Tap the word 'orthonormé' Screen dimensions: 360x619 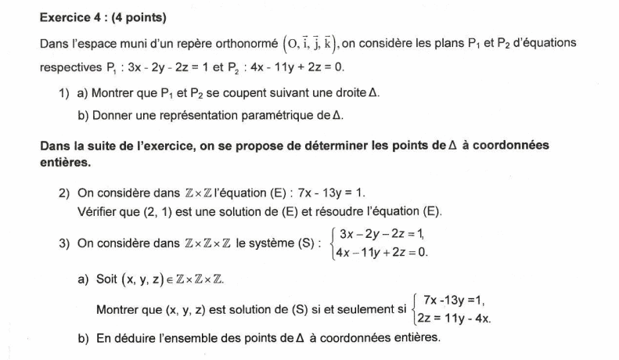point(246,43)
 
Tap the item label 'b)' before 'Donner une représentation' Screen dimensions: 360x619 point(83,115)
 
